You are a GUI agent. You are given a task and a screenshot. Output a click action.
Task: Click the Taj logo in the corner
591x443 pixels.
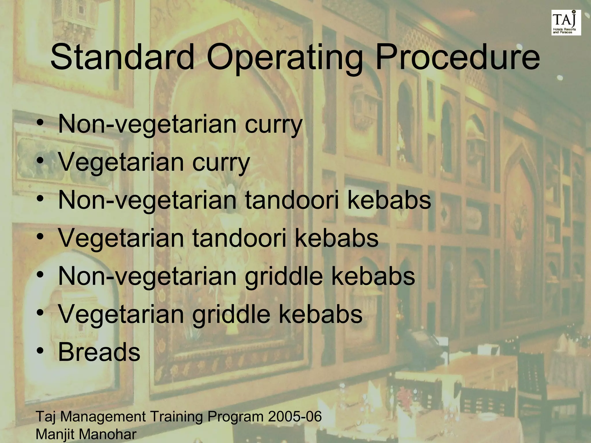(566, 22)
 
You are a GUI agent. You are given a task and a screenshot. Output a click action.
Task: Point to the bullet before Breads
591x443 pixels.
(40, 352)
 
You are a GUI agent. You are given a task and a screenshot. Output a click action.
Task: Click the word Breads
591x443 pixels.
(99, 352)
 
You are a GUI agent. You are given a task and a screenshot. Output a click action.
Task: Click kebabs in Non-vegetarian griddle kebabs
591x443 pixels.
(373, 276)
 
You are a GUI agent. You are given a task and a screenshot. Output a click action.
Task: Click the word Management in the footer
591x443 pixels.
(103, 417)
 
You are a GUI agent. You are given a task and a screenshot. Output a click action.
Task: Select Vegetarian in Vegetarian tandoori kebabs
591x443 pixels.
(121, 239)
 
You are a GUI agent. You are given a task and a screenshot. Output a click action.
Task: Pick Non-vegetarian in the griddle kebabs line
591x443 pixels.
(147, 276)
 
